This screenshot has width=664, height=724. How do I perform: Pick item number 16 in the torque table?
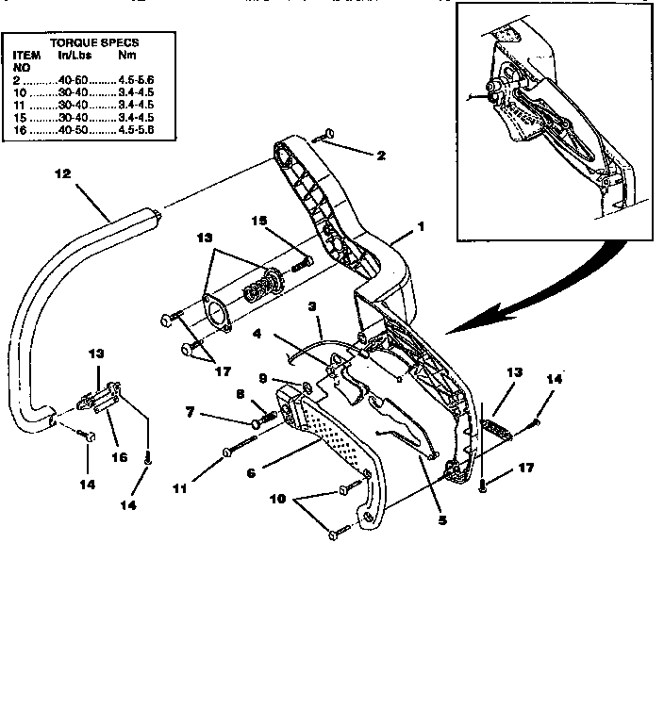click(18, 129)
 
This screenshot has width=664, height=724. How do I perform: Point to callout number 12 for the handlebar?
click(62, 174)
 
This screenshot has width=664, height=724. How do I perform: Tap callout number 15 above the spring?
click(259, 221)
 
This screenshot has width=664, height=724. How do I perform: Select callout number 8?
click(241, 396)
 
